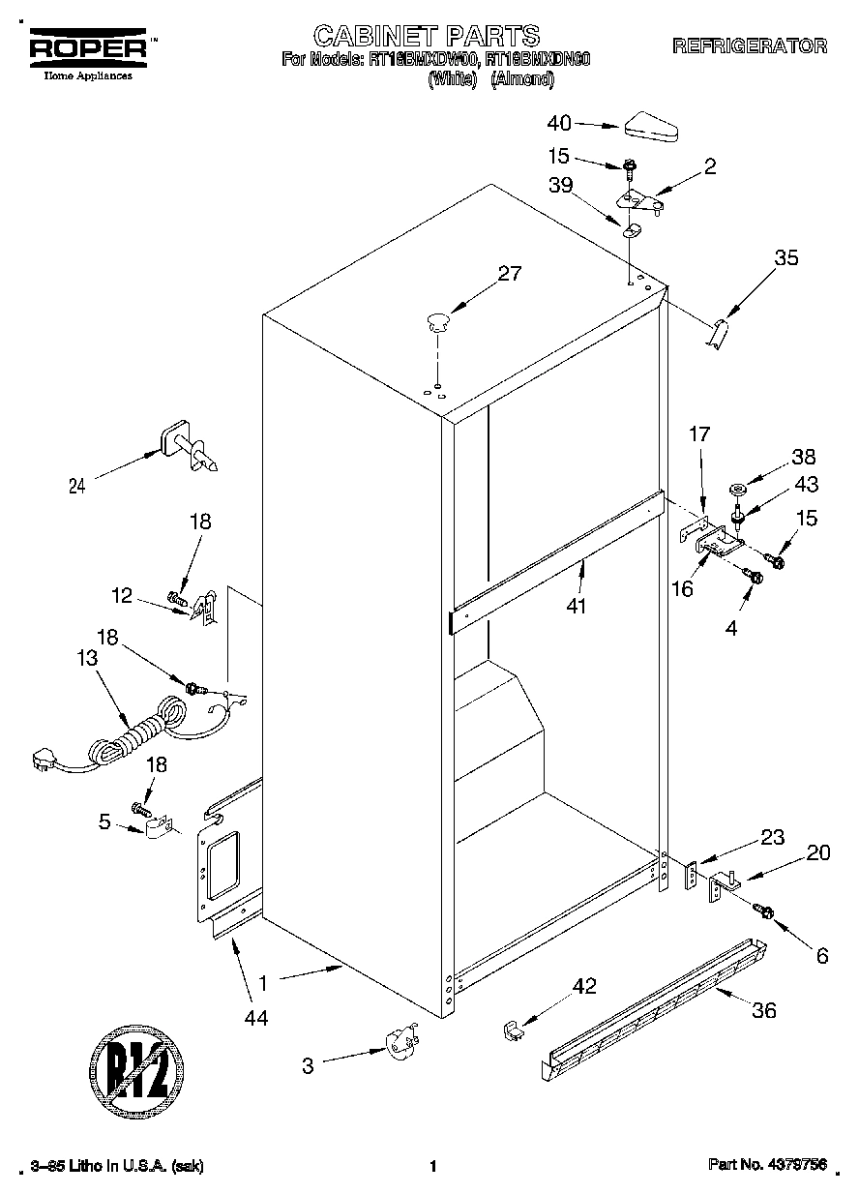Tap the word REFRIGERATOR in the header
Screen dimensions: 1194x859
(750, 45)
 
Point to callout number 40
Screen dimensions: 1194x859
(559, 123)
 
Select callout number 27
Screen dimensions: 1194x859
(509, 274)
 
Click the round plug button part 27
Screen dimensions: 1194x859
(438, 320)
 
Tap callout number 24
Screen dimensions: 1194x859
(76, 487)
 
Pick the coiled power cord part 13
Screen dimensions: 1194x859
(135, 735)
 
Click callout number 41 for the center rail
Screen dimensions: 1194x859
(578, 607)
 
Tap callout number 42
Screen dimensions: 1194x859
(584, 987)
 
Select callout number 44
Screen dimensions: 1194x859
(255, 1016)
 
